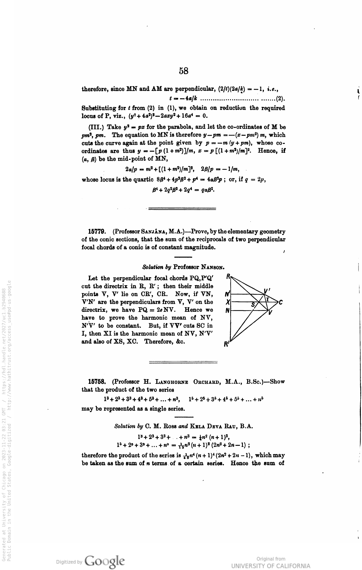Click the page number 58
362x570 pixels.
(183, 71)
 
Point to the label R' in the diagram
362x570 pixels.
(226, 344)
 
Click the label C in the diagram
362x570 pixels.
(281, 303)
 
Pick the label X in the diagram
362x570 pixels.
(228, 303)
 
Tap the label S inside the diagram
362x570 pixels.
(253, 305)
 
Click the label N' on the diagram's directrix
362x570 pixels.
(227, 295)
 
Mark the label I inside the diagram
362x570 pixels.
(268, 300)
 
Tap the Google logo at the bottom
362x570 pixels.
(105, 561)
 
